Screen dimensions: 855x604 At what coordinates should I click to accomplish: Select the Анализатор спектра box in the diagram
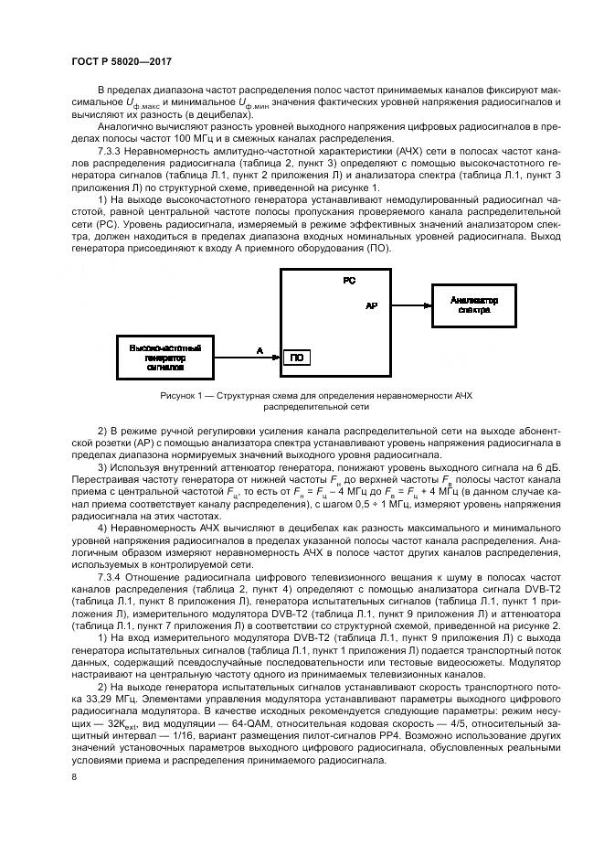473,305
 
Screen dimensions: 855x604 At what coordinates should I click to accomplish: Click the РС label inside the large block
349,282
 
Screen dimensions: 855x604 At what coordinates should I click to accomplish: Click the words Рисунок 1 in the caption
180,395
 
